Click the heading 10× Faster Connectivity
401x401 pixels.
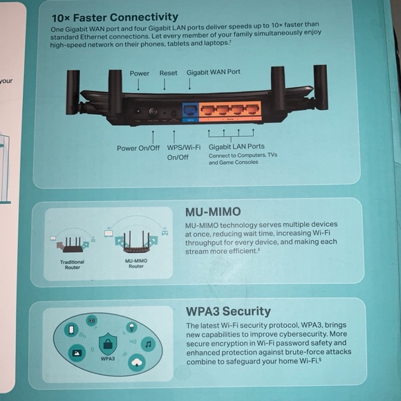coord(115,17)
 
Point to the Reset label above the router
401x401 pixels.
coord(168,73)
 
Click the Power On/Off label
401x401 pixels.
coord(138,147)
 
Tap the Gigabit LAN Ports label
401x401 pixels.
coord(236,147)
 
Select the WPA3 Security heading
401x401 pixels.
coord(228,311)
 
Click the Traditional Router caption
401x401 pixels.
coord(73,265)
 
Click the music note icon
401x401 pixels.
coord(149,344)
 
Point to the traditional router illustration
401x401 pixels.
coord(72,244)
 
